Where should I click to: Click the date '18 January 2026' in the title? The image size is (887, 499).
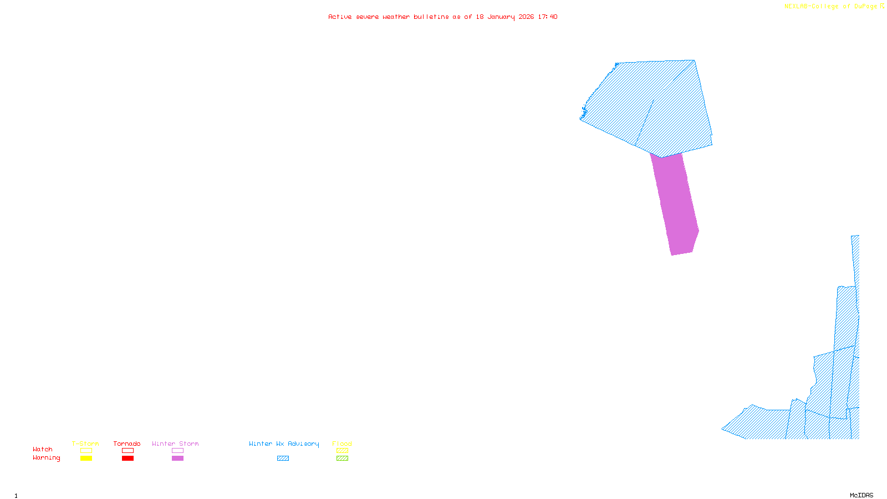click(504, 17)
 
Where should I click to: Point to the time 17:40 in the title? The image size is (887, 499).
click(548, 17)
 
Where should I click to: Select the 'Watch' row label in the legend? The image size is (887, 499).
click(43, 450)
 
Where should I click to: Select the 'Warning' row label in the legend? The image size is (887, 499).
click(47, 458)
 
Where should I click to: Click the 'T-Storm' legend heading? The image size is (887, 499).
click(85, 444)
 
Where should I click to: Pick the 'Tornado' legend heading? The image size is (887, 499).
click(127, 444)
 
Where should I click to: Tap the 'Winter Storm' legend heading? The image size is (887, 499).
click(175, 444)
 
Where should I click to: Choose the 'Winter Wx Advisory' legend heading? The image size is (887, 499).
click(284, 444)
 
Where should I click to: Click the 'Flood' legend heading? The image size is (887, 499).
click(342, 444)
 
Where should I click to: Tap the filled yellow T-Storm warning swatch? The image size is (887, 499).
click(86, 459)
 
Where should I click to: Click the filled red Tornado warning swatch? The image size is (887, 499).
click(128, 459)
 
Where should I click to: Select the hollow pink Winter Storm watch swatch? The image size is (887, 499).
click(177, 451)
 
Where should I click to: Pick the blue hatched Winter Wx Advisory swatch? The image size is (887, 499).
click(283, 459)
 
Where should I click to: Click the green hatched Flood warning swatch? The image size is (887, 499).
click(343, 459)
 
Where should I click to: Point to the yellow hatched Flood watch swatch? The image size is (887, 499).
click(343, 451)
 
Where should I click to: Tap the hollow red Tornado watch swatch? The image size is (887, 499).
click(128, 451)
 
